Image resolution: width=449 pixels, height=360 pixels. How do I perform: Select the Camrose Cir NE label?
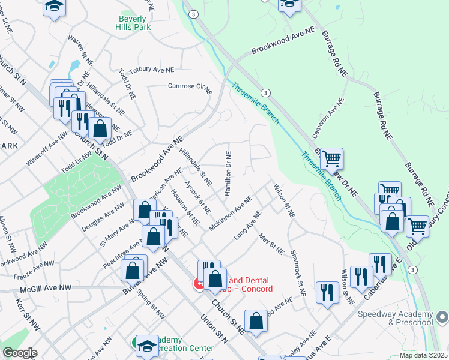tap(189, 88)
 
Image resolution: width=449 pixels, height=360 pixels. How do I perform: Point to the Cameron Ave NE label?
tap(327, 117)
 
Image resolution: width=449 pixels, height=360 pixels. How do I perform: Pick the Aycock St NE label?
tap(197, 197)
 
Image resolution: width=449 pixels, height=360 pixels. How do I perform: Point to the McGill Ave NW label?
tap(45, 289)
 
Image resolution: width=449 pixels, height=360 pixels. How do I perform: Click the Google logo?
tap(19, 353)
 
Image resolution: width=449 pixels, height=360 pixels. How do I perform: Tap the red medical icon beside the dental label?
tap(198, 284)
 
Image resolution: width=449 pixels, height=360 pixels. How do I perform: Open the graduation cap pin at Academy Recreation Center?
tap(146, 344)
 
